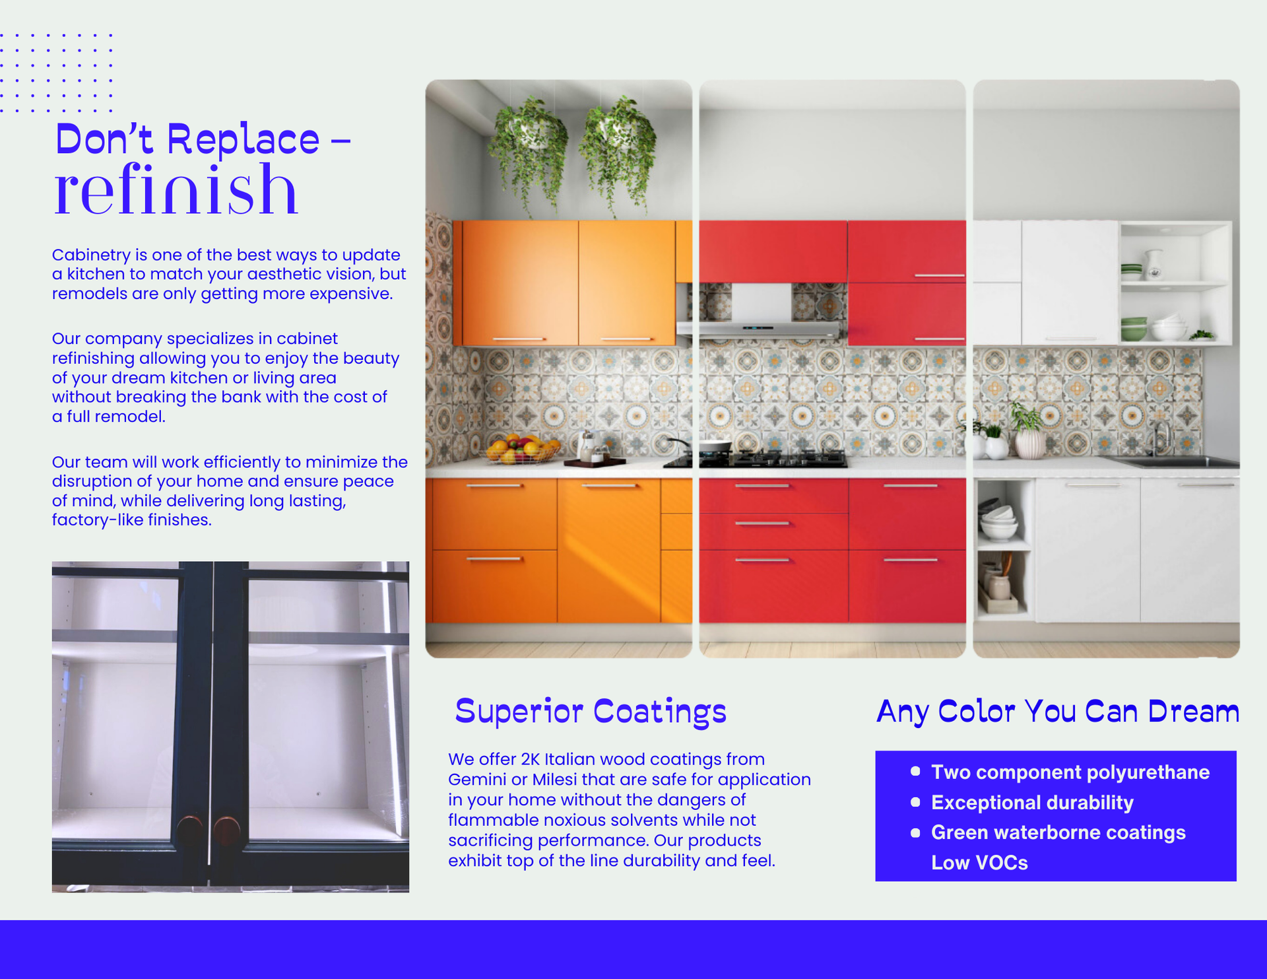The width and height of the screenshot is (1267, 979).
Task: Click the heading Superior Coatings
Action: coord(590,712)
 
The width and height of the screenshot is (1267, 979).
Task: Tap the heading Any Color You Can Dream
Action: coord(1057,712)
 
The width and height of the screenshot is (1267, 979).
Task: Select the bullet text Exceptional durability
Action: coord(1031,803)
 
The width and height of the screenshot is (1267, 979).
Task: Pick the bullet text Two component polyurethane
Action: coord(1070,772)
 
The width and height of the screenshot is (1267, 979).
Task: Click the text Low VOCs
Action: coord(979,863)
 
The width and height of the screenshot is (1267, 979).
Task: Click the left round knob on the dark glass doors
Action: coord(190,828)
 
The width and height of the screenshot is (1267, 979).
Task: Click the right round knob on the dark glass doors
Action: coord(227,828)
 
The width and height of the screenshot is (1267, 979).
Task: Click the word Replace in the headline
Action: coord(244,140)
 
